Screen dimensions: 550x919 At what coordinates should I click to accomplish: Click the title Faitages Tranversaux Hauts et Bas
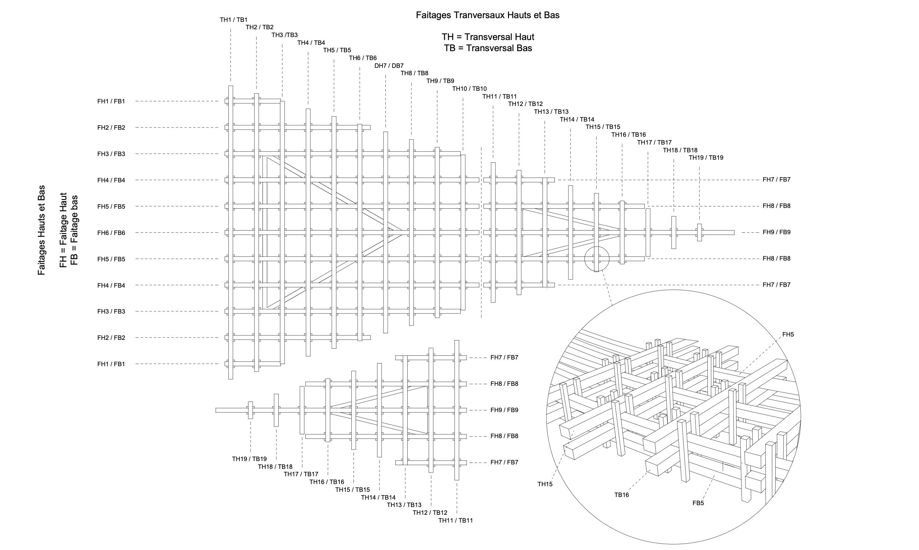(x=487, y=15)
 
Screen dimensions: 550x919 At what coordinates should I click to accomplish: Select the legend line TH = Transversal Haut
(x=488, y=37)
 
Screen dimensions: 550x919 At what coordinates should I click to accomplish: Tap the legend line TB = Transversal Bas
(x=488, y=48)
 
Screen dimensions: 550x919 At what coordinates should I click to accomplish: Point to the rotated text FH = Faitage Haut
(x=63, y=230)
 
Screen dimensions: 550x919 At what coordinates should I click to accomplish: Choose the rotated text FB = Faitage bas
(x=74, y=230)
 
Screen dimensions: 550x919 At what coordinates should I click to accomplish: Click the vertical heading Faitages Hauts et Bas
(x=42, y=230)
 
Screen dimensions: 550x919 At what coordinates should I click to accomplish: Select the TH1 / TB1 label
(x=233, y=20)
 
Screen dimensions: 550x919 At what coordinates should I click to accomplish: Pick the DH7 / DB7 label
(x=389, y=66)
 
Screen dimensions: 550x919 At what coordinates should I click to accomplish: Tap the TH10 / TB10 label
(x=469, y=89)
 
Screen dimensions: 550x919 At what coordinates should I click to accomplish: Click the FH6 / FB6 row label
(x=111, y=233)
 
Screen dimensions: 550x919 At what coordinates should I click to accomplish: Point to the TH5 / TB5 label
(x=337, y=50)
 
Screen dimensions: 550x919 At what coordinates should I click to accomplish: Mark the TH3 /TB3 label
(x=284, y=35)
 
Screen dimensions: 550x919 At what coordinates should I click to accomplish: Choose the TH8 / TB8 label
(x=414, y=73)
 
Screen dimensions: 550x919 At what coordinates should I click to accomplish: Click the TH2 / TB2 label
(x=259, y=27)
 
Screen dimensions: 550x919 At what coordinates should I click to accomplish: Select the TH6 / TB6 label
(x=363, y=58)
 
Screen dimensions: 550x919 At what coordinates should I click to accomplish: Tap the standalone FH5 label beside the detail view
(x=788, y=335)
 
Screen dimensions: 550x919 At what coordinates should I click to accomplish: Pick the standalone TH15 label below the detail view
(x=545, y=484)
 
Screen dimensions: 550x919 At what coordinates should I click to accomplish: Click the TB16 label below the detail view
(x=621, y=495)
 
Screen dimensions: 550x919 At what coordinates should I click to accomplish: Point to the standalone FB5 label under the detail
(x=698, y=503)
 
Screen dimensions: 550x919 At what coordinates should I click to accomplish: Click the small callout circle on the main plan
(x=597, y=259)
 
